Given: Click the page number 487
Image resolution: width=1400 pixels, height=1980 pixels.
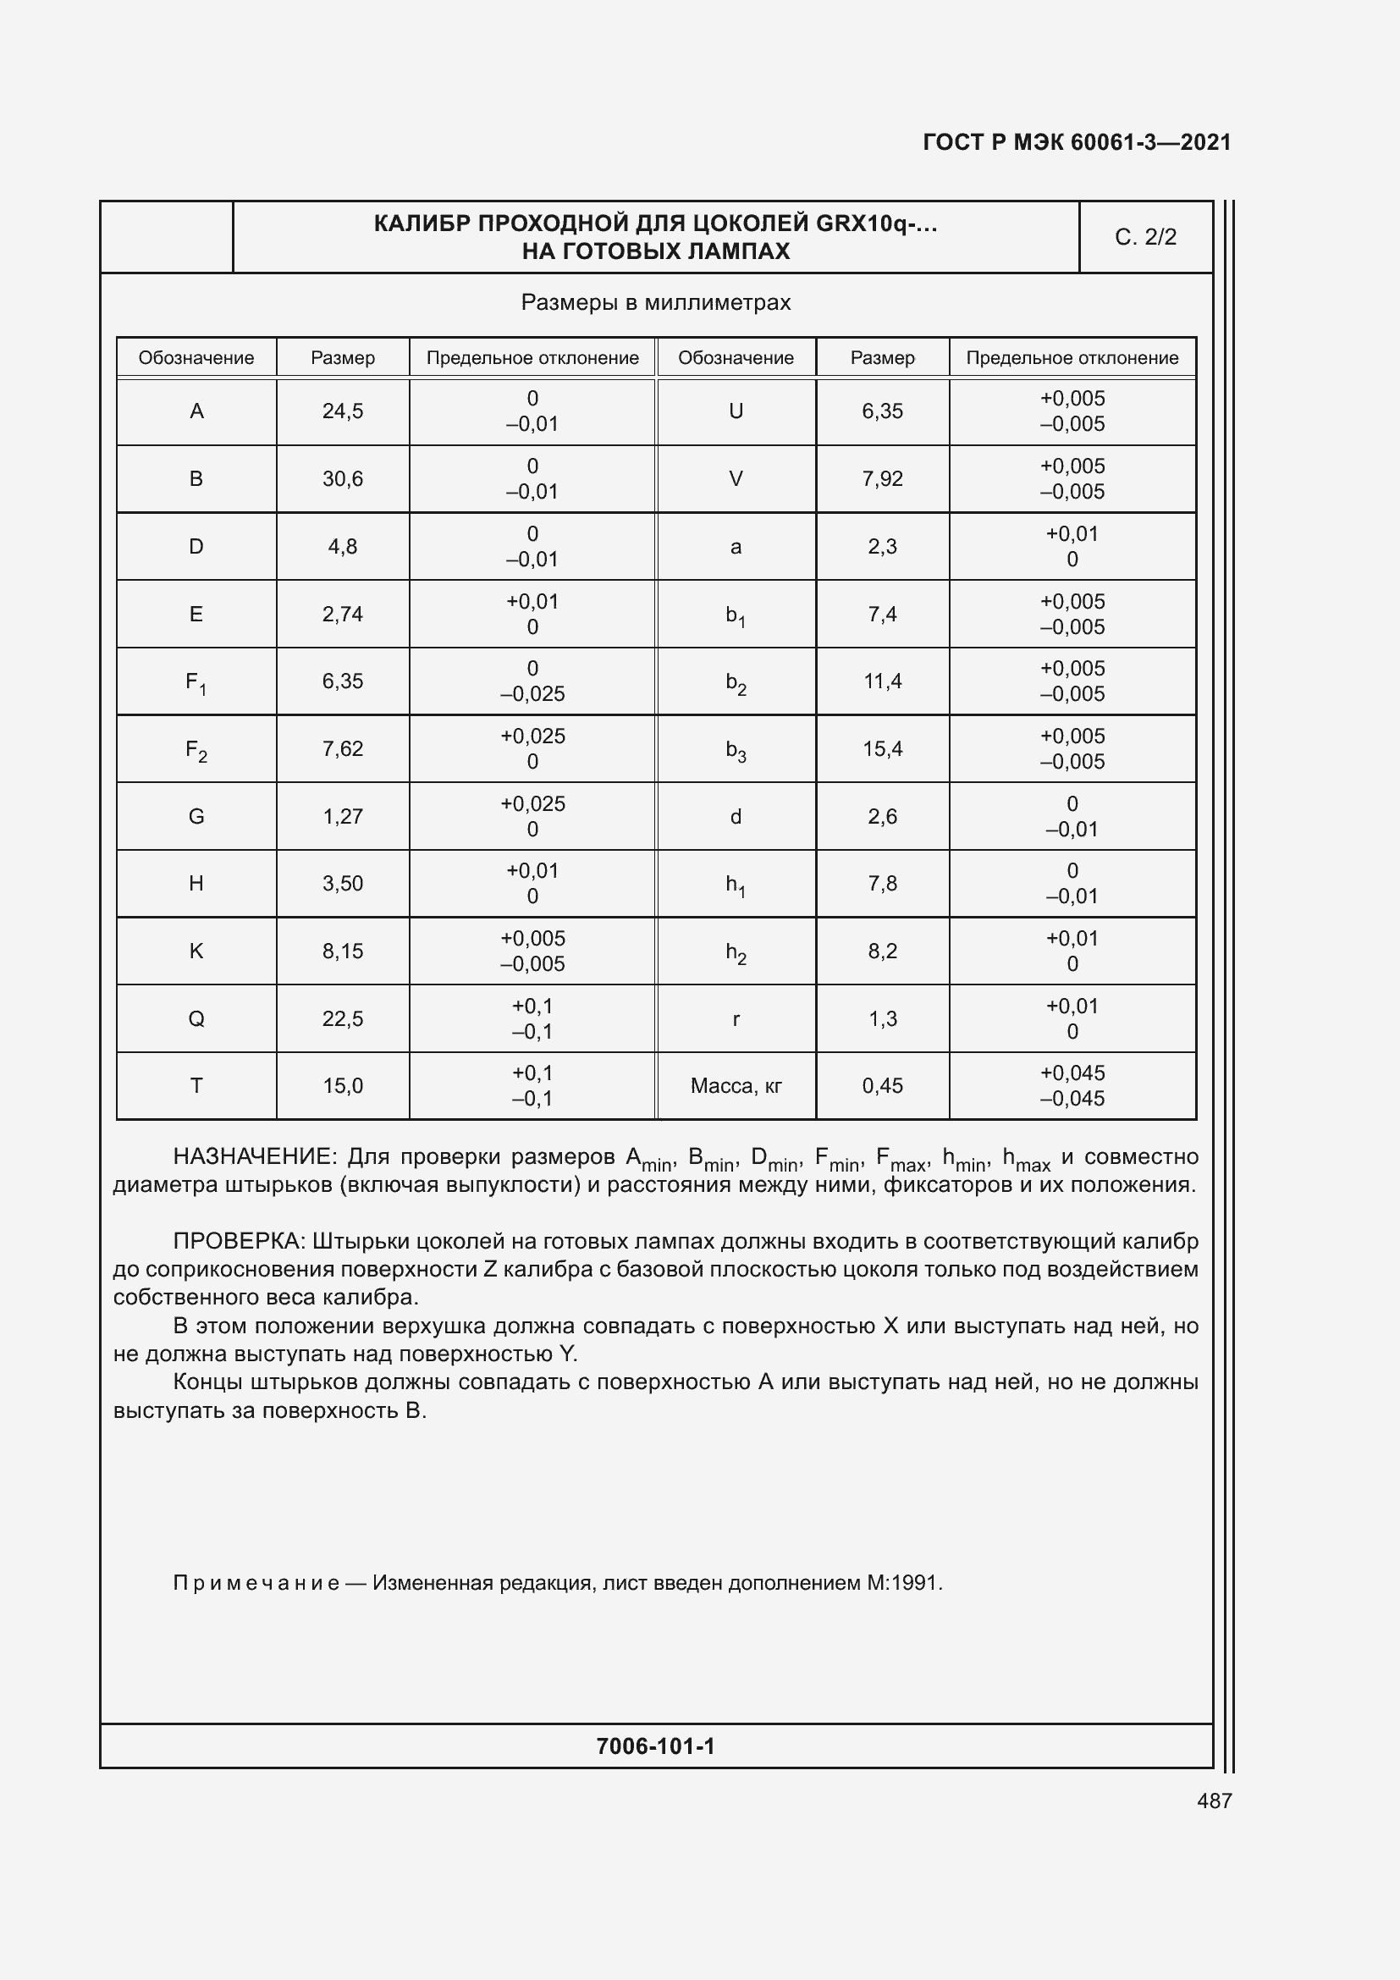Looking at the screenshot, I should coord(1214,1801).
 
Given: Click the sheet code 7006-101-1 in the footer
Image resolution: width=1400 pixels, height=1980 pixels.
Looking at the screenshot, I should coord(655,1746).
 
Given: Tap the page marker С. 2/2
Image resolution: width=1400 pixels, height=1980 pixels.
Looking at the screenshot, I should coord(1145,237).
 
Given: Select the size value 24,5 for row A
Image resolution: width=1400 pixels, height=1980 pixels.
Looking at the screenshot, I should coord(342,411).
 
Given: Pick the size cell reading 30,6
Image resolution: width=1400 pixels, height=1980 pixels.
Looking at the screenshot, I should coord(342,478).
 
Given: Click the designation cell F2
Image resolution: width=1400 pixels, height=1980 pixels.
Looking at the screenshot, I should coord(196,749).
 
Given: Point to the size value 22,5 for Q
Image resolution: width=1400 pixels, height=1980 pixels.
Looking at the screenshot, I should coord(342,1018).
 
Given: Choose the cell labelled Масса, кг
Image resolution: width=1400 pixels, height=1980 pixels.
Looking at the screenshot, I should coord(736,1086).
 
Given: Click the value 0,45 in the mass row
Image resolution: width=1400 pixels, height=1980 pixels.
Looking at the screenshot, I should coord(882,1086).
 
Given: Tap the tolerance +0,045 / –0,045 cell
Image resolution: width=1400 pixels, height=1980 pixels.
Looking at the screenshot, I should coord(1072,1086).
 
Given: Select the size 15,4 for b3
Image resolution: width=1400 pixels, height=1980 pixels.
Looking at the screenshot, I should coord(882,749).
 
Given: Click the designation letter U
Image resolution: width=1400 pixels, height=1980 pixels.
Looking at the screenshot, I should coord(736,411).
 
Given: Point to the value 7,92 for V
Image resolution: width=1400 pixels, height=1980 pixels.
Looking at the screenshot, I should coord(882,478).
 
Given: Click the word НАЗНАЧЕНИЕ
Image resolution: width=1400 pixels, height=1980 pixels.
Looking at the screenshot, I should coord(251,1156).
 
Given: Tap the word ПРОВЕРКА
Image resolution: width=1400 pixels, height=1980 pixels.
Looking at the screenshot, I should coord(238,1241).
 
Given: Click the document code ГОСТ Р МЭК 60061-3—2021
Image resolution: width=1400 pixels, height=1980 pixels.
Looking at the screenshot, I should coord(1077,142).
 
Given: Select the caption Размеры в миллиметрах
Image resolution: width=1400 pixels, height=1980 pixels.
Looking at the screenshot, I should coord(655,303).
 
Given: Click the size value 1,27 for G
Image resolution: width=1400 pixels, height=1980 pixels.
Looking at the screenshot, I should coord(342,817).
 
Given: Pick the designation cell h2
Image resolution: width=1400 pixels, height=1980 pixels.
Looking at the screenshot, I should coord(736,952).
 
